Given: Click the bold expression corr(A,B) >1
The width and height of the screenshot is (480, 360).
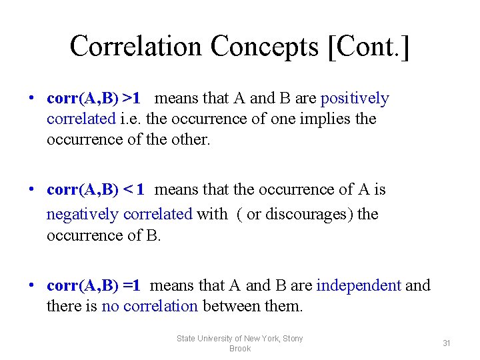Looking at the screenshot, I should pos(93,99).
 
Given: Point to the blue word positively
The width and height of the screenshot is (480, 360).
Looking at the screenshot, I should pos(355,99).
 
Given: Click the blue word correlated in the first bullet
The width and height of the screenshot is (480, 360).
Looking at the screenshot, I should pos(81,119).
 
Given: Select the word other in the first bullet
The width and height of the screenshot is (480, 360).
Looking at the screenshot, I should pos(191,140).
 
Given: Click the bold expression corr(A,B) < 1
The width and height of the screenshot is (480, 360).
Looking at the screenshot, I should pos(96,190).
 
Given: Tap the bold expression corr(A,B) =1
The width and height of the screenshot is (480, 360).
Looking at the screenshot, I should pos(93,286).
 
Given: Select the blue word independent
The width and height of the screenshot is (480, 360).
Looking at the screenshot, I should pos(359,286).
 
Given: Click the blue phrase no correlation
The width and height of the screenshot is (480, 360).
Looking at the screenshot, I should pos(149,307).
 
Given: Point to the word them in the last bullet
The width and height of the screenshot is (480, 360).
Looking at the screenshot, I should pos(283,307).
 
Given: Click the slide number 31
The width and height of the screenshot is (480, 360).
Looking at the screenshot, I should pos(447,343).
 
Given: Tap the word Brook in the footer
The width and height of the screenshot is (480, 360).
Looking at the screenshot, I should pos(240,349).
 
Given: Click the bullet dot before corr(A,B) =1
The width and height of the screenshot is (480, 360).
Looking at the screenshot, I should pos(31,286).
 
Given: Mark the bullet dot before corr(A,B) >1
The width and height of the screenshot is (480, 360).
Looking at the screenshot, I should pos(31,99).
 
